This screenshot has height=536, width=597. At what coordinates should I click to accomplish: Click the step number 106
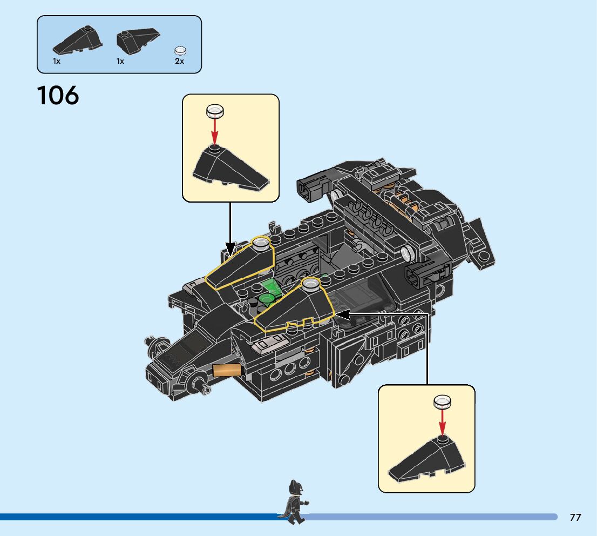pyautogui.click(x=58, y=96)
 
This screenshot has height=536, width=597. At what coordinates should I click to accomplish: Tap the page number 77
pyautogui.click(x=575, y=518)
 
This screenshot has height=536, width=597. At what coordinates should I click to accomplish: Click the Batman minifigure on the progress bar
pyautogui.click(x=294, y=501)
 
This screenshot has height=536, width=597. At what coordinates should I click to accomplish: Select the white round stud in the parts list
pyautogui.click(x=180, y=51)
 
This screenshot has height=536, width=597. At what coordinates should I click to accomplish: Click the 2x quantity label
pyautogui.click(x=179, y=62)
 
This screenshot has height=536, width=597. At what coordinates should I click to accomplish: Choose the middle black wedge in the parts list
pyautogui.click(x=138, y=40)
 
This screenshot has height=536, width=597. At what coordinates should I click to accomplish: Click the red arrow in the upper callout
pyautogui.click(x=215, y=131)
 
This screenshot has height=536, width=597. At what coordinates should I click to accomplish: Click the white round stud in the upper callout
pyautogui.click(x=215, y=111)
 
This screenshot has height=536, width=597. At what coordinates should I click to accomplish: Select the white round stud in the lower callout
pyautogui.click(x=443, y=401)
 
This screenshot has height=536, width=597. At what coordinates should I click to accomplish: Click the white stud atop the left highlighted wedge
pyautogui.click(x=261, y=243)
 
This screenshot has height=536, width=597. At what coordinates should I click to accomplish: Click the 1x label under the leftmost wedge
pyautogui.click(x=57, y=62)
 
